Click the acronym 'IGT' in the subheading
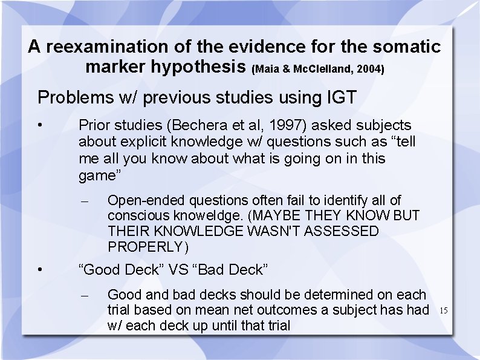pos(342,97)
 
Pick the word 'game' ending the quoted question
pos(97,176)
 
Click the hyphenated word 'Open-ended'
pos(146,200)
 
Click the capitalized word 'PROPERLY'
pos(145,247)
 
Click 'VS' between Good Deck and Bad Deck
pos(179,270)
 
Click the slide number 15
pos(443,311)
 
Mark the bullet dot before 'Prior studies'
pos(39,125)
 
